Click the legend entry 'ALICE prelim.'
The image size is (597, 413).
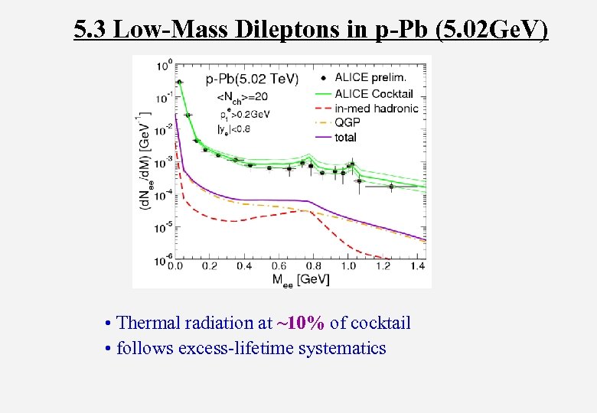point(371,77)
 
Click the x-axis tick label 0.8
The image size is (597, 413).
point(313,266)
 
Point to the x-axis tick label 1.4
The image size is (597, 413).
point(417,266)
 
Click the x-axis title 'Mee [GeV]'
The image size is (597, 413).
point(301,279)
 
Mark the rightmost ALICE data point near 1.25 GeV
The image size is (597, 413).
point(390,186)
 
